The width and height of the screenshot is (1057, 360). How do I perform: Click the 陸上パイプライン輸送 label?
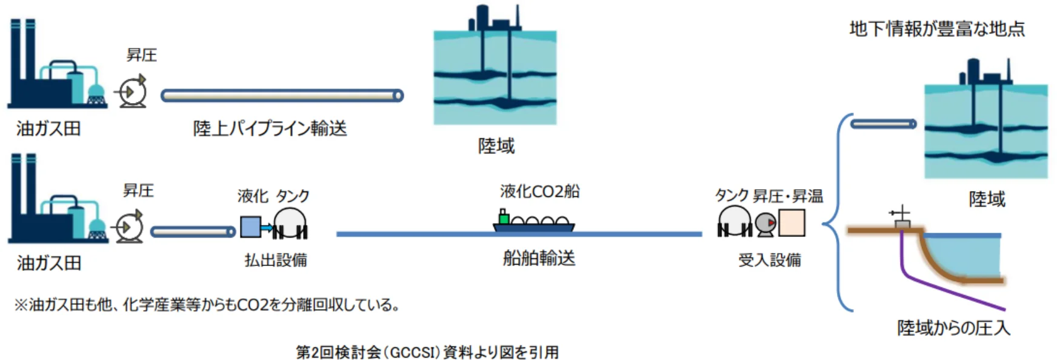[x=270, y=128]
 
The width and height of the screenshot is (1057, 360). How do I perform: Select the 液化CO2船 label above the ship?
[x=539, y=192]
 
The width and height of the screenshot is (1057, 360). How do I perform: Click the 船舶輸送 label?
[x=539, y=259]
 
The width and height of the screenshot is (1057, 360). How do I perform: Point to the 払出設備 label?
[x=276, y=260]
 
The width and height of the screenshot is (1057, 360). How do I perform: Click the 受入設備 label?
[x=769, y=260]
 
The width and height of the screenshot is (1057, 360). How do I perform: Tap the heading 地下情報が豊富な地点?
[x=936, y=29]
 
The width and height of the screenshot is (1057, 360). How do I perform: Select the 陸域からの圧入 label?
[x=953, y=328]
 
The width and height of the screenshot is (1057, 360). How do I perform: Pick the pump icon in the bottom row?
[x=129, y=227]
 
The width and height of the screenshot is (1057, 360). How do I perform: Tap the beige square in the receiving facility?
[x=792, y=223]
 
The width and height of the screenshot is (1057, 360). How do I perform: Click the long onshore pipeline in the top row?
[x=282, y=95]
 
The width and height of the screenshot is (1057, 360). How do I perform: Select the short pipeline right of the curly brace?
[x=883, y=124]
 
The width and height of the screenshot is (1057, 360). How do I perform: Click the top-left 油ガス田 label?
[x=48, y=128]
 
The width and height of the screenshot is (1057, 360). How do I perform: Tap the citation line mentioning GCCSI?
[x=427, y=352]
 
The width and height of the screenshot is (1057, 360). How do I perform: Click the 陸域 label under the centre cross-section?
[x=496, y=146]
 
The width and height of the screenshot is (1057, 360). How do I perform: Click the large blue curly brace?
[x=836, y=212]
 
